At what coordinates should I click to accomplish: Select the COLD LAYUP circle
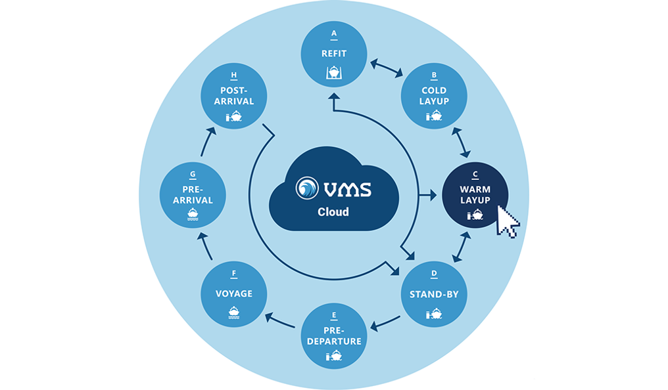click(x=434, y=97)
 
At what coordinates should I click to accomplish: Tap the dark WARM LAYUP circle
click(x=475, y=195)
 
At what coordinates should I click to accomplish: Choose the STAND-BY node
click(x=434, y=295)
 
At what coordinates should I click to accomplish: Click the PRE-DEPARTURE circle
click(x=334, y=336)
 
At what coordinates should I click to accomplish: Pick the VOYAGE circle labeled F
click(x=234, y=295)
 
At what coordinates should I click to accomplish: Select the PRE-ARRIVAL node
click(x=193, y=195)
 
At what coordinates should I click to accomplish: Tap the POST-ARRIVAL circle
click(x=234, y=97)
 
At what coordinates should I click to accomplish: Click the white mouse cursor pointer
click(x=507, y=221)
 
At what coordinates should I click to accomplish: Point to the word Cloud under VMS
click(x=333, y=212)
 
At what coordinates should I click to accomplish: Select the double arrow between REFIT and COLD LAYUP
click(x=386, y=69)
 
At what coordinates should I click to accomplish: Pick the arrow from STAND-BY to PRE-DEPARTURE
click(x=386, y=322)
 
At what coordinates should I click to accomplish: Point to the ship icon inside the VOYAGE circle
click(x=234, y=313)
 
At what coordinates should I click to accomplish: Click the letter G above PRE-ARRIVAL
click(x=193, y=175)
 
